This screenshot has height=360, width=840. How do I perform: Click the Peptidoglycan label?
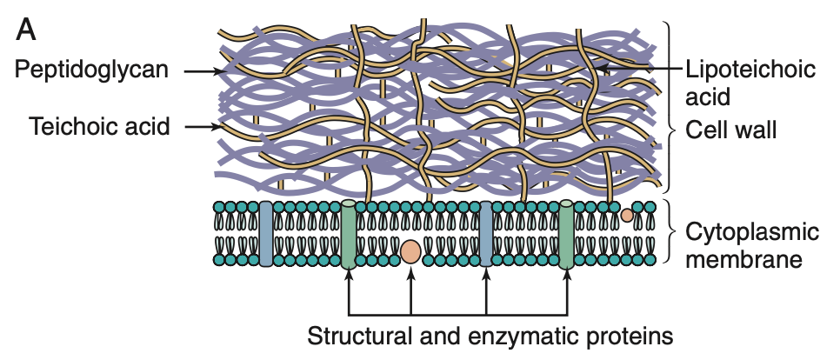point(90,70)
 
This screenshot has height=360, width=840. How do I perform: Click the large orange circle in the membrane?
point(410,252)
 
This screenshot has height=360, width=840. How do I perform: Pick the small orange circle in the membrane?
point(627,214)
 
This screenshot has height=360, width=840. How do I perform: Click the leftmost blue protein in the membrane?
point(266,232)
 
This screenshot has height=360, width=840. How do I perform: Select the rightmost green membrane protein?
point(566,233)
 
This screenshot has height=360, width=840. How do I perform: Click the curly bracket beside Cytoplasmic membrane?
point(670,232)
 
